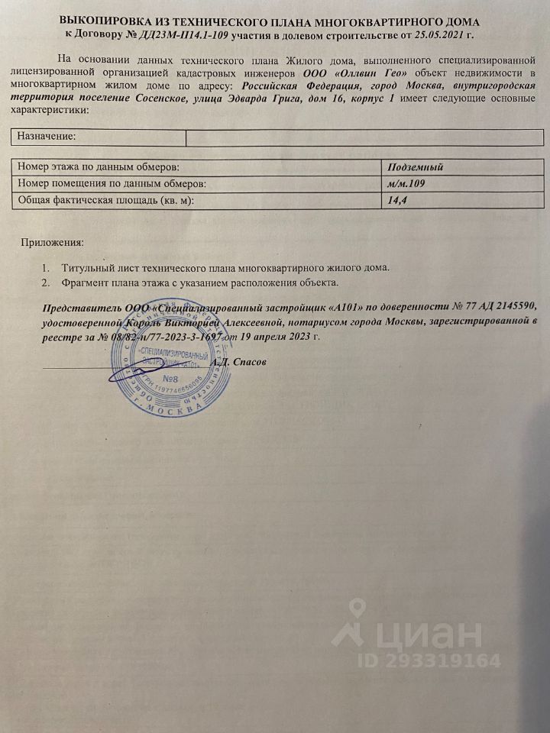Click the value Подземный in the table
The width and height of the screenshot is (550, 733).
pos(416,167)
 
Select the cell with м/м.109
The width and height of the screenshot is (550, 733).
pos(406,184)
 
